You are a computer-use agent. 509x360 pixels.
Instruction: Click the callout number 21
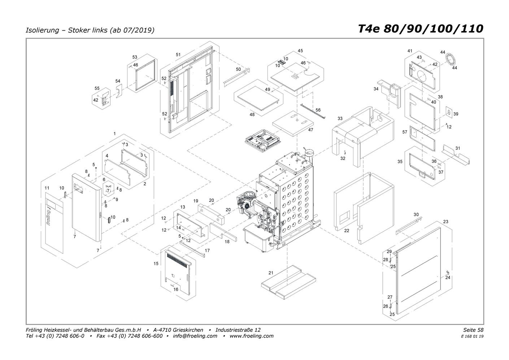point(271,273)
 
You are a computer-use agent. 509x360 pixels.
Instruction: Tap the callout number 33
point(340,118)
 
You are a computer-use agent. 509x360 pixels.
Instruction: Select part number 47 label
point(310,130)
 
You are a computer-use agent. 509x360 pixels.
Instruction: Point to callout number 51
point(178,55)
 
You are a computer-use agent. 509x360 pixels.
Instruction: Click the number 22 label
point(347,231)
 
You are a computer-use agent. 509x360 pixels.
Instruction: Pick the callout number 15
point(156,264)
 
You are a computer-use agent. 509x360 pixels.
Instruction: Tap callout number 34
point(376,89)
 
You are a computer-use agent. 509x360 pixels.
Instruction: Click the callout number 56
point(318,110)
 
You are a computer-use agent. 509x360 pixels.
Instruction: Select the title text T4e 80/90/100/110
point(421,29)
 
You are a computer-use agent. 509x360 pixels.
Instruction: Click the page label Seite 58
point(473,330)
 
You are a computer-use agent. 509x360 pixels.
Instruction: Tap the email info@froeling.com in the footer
point(195,336)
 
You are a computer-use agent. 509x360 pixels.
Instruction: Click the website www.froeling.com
point(252,336)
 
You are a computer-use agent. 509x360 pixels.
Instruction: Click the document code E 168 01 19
point(472,337)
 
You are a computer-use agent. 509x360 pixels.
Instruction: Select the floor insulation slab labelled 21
point(288,282)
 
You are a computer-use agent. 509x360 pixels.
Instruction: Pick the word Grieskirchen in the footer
point(188,330)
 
